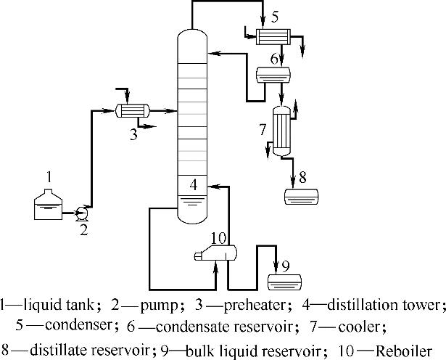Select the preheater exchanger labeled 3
(133, 111)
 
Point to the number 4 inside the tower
(193, 185)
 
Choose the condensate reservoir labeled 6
(273, 73)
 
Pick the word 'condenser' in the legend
(70, 326)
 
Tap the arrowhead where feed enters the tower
(175, 111)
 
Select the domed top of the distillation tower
(192, 32)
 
